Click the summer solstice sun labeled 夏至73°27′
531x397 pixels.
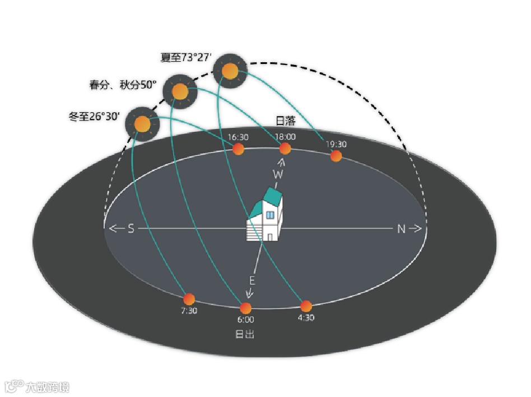(x=230, y=71)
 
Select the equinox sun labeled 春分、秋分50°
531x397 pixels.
(x=180, y=91)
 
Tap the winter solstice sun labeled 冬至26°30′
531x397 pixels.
(x=142, y=123)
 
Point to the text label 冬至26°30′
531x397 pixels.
(x=94, y=118)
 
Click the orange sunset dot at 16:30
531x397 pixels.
(x=238, y=149)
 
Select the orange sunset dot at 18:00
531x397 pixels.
(x=285, y=149)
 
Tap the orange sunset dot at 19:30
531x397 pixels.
(x=336, y=156)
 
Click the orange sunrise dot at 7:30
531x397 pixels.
(x=189, y=299)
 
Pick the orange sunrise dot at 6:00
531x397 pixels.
(x=245, y=308)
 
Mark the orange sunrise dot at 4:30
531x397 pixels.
(x=306, y=306)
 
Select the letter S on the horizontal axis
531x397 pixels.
(x=131, y=229)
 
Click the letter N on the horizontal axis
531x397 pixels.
(x=401, y=229)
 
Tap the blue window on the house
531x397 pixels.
(x=269, y=215)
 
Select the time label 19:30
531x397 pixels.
(x=336, y=144)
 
